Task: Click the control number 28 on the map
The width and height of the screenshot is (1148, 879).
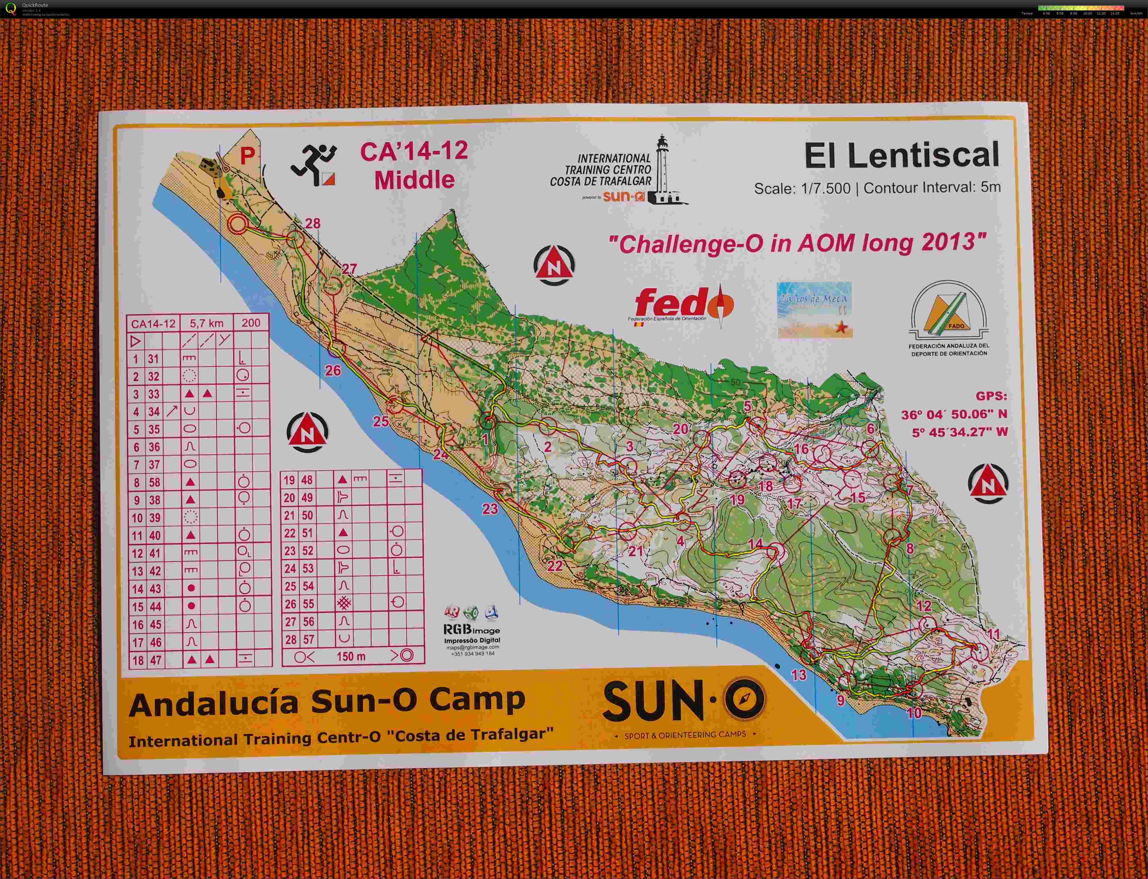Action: (312, 224)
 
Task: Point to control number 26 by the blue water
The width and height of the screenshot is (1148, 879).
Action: (333, 371)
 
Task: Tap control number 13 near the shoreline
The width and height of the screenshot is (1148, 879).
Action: (798, 675)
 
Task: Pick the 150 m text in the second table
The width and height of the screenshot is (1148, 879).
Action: (351, 656)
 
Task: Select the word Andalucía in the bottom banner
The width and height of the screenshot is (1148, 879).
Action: (213, 704)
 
